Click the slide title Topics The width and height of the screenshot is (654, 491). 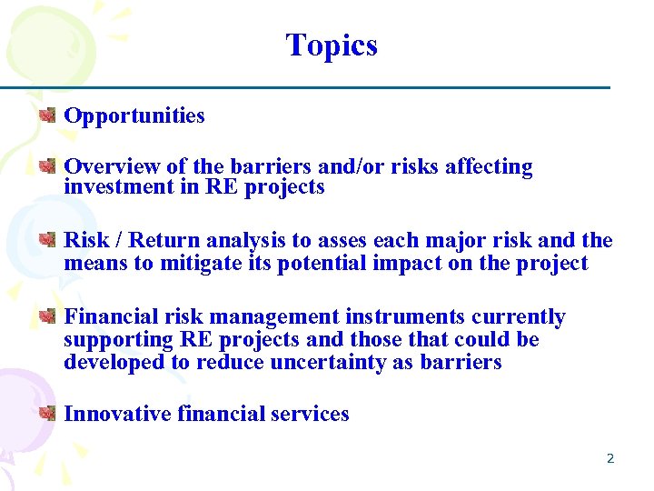click(x=332, y=45)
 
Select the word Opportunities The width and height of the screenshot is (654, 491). click(x=134, y=116)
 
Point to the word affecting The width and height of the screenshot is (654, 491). click(x=490, y=166)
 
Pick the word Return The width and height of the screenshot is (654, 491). click(x=168, y=241)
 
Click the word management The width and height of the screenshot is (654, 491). click(x=273, y=317)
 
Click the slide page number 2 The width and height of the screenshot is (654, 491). click(x=610, y=458)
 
